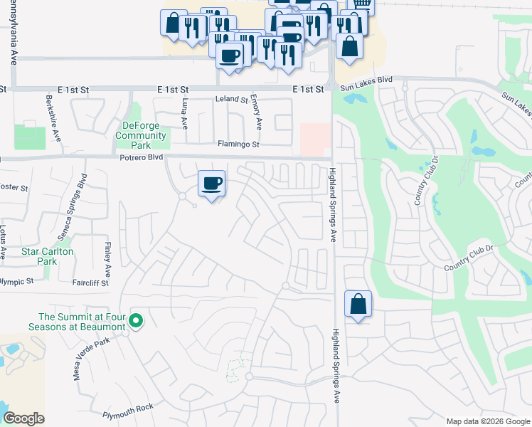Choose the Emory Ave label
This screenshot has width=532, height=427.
tap(258, 115)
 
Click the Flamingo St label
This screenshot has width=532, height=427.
tap(238, 144)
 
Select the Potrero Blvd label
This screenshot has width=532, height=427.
tap(142, 157)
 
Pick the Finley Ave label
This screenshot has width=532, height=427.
tap(107, 260)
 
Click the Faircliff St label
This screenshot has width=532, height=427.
tap(90, 283)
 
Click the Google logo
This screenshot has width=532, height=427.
tap(23, 418)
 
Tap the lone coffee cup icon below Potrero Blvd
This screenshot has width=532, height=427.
tap(211, 185)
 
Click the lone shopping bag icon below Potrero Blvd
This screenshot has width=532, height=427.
tap(358, 305)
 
